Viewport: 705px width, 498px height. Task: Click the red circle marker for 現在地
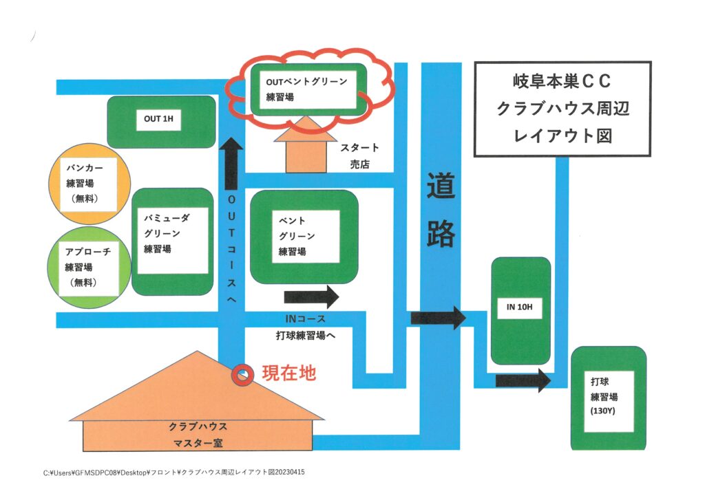tap(242, 375)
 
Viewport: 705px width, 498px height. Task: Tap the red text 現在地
tap(289, 373)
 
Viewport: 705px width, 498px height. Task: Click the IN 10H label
tap(520, 307)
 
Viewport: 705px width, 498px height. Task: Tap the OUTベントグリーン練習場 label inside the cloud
tap(308, 89)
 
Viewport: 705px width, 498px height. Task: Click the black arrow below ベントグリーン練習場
tap(311, 298)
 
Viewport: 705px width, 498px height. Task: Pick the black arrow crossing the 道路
tap(439, 318)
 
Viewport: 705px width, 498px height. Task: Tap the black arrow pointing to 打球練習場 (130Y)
tap(523, 380)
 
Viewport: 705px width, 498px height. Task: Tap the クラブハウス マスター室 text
tap(198, 435)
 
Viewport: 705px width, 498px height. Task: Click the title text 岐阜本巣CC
tap(562, 83)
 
